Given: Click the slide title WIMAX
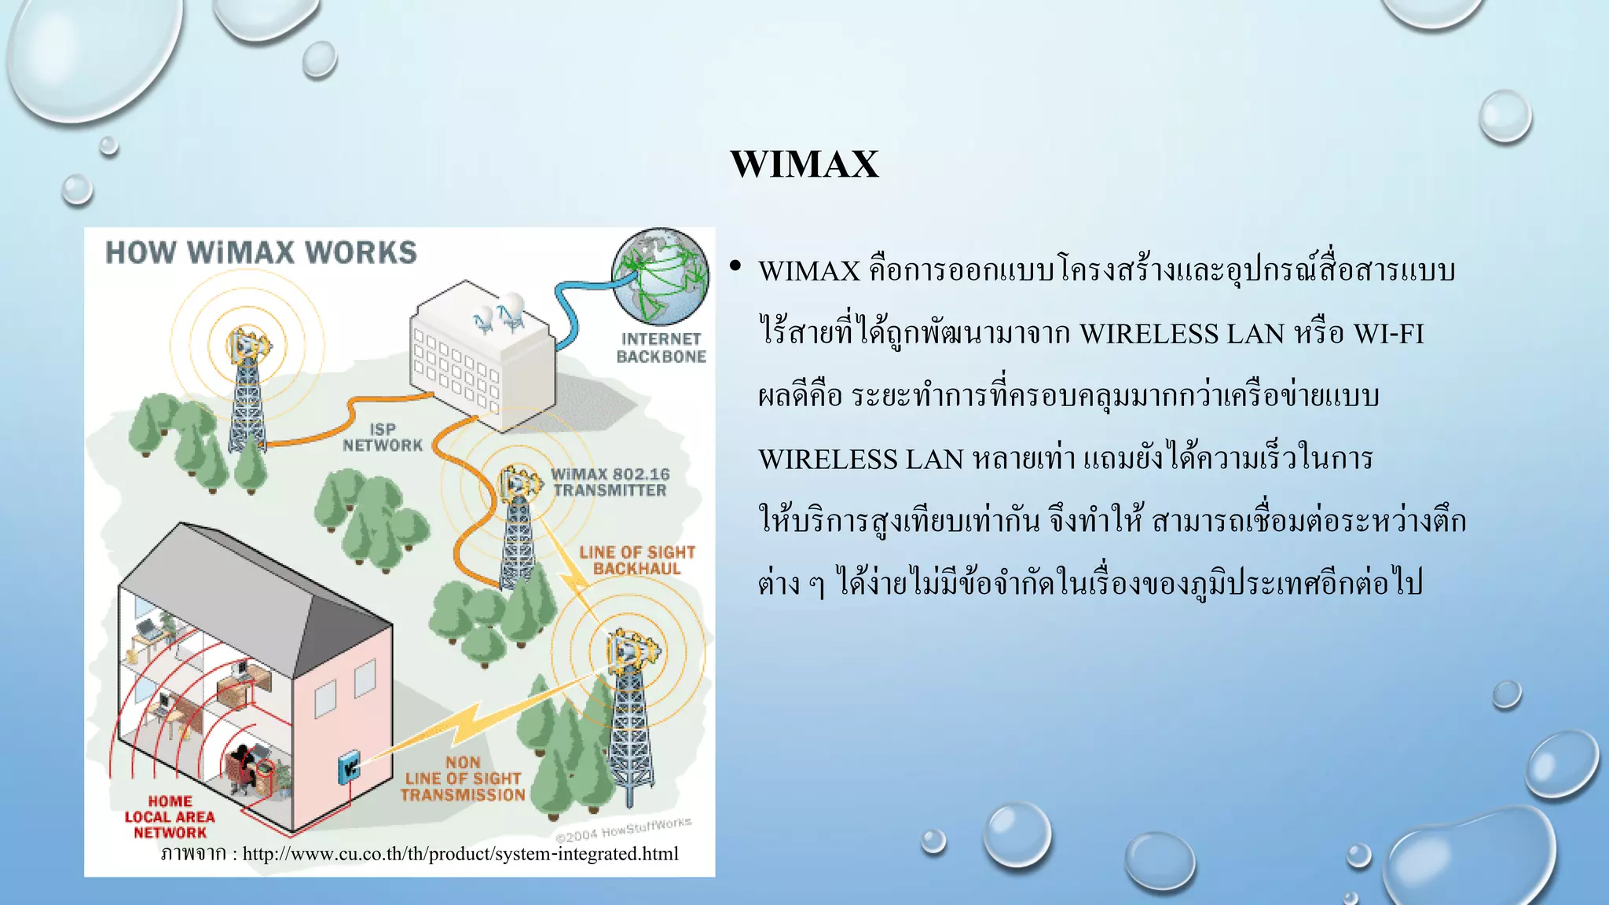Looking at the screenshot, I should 804,164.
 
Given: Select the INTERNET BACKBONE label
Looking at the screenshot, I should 661,348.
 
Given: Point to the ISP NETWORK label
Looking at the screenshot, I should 383,438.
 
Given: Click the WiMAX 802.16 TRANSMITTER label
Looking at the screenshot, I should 610,482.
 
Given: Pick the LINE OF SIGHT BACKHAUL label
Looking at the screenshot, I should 637,560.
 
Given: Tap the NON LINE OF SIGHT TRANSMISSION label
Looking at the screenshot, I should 463,779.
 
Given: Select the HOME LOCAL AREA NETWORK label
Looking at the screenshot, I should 170,817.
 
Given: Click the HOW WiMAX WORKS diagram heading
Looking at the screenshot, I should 261,253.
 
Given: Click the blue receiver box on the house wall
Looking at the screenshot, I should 349,765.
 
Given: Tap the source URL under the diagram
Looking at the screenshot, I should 460,854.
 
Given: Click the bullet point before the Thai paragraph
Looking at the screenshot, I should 735,267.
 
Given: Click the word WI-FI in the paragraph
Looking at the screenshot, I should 1388,334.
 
